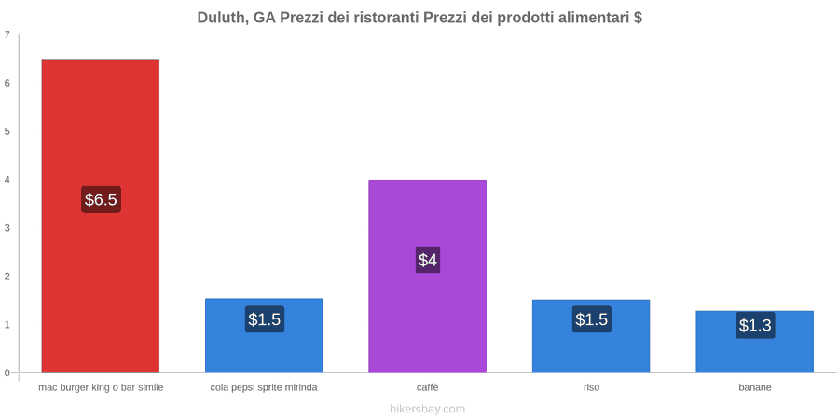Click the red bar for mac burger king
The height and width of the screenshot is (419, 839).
coord(101,215)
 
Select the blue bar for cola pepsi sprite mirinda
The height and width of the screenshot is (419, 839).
coord(264,335)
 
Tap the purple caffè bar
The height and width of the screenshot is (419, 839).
coord(428,277)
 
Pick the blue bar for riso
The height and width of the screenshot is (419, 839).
coord(591,336)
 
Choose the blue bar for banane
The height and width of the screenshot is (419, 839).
coord(754,342)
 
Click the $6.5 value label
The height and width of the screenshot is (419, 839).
coord(101,200)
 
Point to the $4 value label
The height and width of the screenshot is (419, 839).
coord(428,260)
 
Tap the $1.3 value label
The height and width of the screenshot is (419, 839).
coord(755,325)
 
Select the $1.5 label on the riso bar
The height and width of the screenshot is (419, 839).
coord(591,319)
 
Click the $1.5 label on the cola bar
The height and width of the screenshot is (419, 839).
coord(265,319)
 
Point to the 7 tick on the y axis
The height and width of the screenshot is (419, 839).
coord(7,34)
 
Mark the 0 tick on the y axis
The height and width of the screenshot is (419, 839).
coord(7,373)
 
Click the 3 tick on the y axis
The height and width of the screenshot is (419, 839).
coord(7,228)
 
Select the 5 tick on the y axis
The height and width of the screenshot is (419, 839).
coord(7,131)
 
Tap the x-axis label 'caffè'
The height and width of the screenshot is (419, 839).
coord(428,387)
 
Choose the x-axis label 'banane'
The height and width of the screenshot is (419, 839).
coord(754,387)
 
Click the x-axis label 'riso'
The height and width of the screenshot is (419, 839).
coord(591,387)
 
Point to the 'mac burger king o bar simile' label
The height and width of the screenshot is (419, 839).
coord(101,387)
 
